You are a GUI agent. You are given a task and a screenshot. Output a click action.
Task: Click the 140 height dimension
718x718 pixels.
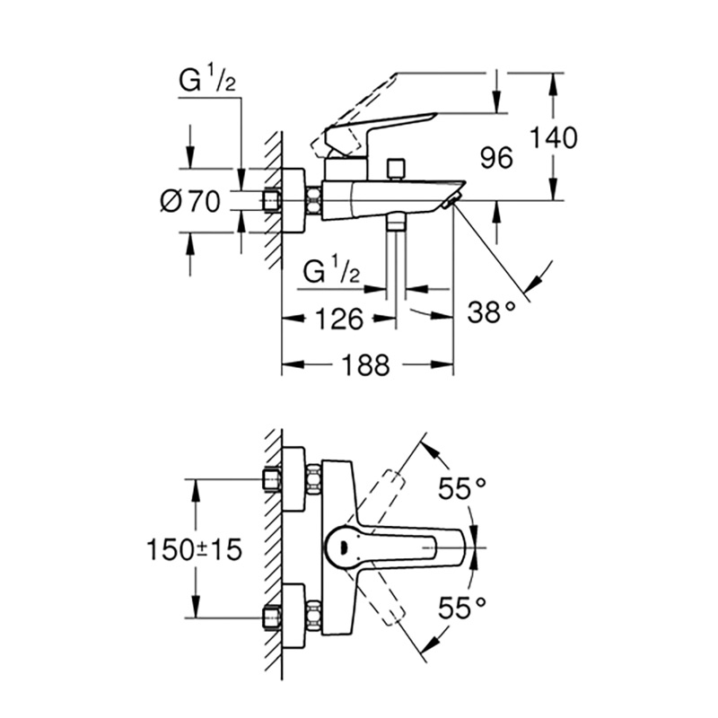click(x=554, y=138)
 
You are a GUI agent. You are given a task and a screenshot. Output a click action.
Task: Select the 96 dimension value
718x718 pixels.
click(x=496, y=158)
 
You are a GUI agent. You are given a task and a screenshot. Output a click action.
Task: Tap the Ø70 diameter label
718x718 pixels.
click(x=190, y=201)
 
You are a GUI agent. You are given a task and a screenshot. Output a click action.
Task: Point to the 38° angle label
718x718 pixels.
click(x=491, y=313)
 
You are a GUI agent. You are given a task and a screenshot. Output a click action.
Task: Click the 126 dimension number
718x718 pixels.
click(x=339, y=319)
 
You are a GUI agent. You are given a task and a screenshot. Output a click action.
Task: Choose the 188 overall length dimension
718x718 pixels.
click(x=367, y=365)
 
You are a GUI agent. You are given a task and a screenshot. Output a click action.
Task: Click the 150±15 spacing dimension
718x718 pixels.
click(x=194, y=549)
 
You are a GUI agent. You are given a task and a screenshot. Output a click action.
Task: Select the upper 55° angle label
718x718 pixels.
click(x=462, y=488)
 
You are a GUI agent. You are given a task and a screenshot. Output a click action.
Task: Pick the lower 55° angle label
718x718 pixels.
click(x=462, y=609)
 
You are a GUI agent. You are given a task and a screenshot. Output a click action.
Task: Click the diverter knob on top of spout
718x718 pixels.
click(x=396, y=169)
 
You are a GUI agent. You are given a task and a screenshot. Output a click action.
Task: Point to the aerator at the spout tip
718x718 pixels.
click(x=451, y=200)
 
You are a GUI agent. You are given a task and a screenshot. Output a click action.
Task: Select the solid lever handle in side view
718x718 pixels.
click(x=381, y=134)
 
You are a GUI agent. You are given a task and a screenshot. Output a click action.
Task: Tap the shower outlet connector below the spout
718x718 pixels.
click(x=396, y=223)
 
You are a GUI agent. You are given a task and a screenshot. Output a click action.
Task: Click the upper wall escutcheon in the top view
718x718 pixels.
click(x=293, y=479)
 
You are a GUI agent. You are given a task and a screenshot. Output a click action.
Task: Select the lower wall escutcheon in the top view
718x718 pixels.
click(x=293, y=617)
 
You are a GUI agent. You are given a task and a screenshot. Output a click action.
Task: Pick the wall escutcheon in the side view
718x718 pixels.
click(x=293, y=201)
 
